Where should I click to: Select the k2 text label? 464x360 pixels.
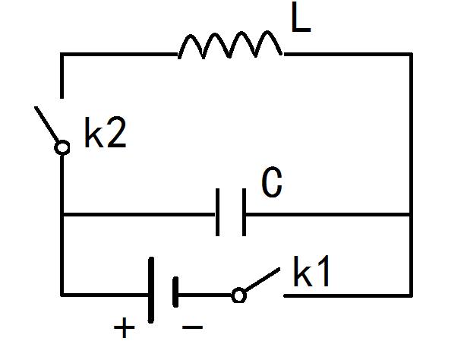click(105, 134)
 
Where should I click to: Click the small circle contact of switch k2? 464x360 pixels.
click(62, 148)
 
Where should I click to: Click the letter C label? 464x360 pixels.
click(272, 184)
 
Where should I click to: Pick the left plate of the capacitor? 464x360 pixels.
click(219, 213)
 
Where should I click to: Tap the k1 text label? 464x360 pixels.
click(312, 273)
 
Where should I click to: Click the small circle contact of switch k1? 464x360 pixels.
click(238, 295)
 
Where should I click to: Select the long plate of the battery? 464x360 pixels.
click(151, 291)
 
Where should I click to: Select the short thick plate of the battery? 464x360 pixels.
click(175, 292)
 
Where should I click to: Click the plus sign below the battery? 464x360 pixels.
click(124, 328)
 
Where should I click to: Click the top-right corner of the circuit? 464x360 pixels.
click(411, 54)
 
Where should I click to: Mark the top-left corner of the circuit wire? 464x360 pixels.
click(62, 54)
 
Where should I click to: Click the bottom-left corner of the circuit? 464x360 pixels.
click(62, 294)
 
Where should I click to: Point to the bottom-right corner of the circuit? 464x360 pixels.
click(411, 294)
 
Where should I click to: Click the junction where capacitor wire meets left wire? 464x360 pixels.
click(62, 214)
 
